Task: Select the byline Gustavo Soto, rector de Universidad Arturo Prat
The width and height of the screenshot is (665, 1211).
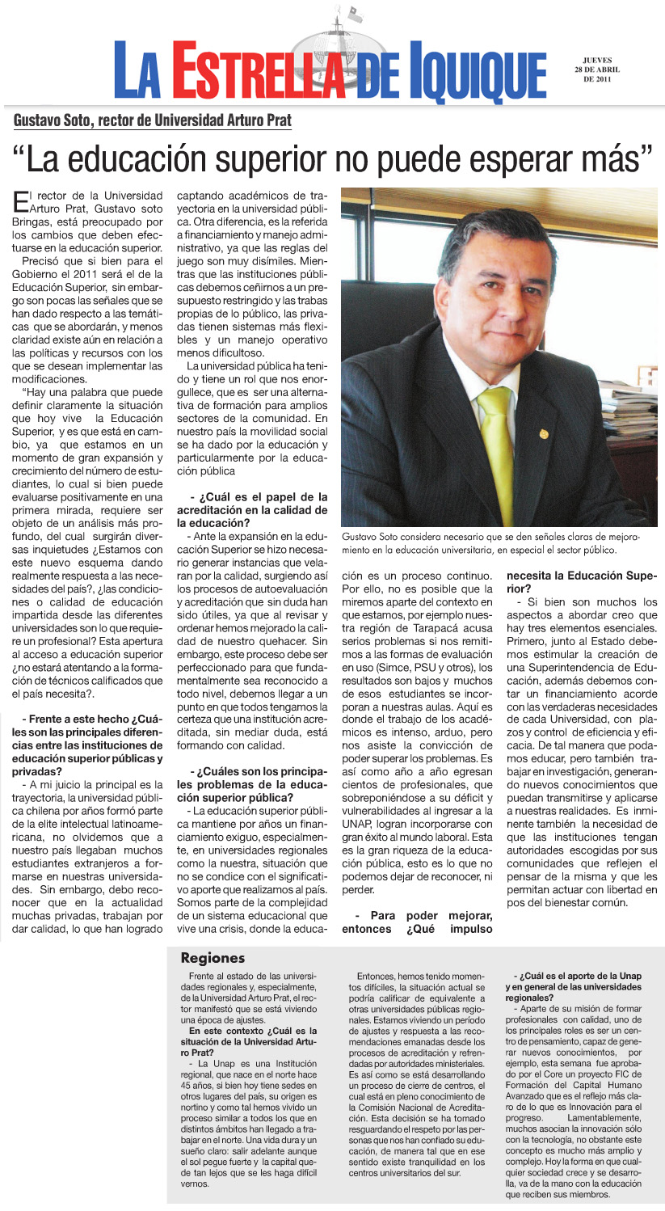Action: click(152, 120)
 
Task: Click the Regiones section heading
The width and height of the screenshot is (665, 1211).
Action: click(213, 958)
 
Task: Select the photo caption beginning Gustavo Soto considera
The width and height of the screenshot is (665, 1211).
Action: click(479, 542)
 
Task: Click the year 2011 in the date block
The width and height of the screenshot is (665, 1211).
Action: click(604, 79)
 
